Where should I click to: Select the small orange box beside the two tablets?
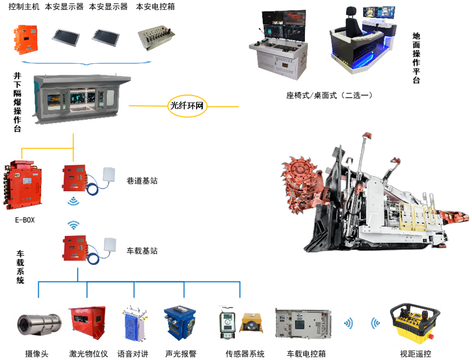pos(25,39)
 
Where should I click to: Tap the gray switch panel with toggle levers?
pos(156,38)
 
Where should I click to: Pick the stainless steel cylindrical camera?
pos(37,323)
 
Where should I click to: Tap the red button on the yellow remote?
pos(430,336)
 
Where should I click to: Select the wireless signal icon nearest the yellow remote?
pos(376,323)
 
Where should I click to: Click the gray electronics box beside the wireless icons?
pos(303,323)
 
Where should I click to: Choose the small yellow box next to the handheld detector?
pos(252,323)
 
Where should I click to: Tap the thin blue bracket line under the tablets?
pos(84,64)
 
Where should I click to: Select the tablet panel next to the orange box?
pos(65,37)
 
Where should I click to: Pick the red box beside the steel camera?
pos(87,323)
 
